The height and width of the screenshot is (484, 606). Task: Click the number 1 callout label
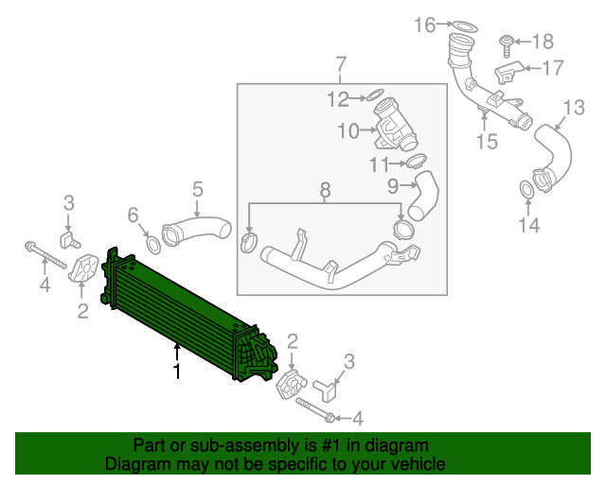[x=176, y=372]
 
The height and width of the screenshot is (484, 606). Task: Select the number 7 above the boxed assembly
[x=341, y=64]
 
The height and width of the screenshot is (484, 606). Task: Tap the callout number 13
[x=574, y=106]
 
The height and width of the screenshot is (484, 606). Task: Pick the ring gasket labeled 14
[x=526, y=193]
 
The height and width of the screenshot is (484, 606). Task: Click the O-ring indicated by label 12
[x=375, y=95]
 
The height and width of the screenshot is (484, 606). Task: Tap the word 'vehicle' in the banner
[x=417, y=465]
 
